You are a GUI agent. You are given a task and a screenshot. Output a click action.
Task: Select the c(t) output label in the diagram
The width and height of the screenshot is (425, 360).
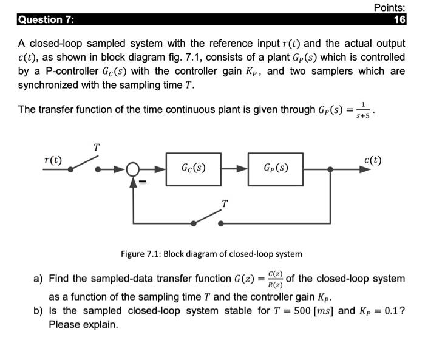[x=373, y=160]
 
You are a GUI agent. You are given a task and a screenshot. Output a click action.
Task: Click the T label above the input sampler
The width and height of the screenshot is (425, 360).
[x=96, y=146]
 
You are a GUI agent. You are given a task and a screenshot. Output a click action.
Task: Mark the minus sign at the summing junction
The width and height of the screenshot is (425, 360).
[x=144, y=180]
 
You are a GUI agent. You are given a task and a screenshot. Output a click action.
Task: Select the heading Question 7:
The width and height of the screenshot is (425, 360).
[x=46, y=19]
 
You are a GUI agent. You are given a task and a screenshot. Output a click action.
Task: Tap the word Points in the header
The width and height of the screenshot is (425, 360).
[x=389, y=7]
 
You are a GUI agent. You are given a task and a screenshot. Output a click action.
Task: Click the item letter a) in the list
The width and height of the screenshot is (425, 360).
[x=38, y=279]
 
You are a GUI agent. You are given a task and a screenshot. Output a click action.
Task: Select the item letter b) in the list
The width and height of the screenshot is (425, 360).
[x=38, y=310]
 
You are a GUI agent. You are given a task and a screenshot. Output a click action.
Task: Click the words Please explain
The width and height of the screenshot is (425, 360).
[x=83, y=324]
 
